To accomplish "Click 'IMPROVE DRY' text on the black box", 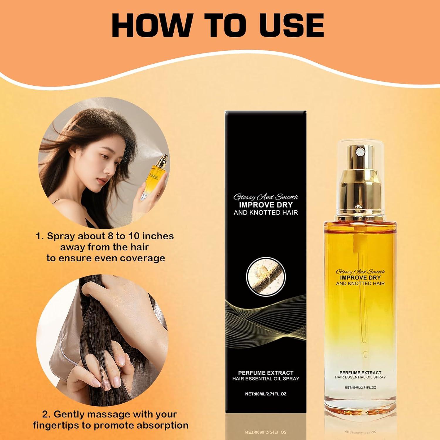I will [266, 205].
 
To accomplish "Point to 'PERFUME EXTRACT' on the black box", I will [266, 373].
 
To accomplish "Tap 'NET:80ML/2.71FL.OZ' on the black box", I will [266, 394].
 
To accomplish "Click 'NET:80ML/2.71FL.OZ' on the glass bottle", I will [360, 387].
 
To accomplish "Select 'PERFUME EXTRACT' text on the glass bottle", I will [360, 373].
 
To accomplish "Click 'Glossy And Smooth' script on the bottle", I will [360, 272].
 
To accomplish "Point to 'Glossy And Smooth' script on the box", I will [266, 197].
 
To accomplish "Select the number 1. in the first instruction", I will [40, 236].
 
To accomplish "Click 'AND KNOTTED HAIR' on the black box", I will [266, 212].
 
